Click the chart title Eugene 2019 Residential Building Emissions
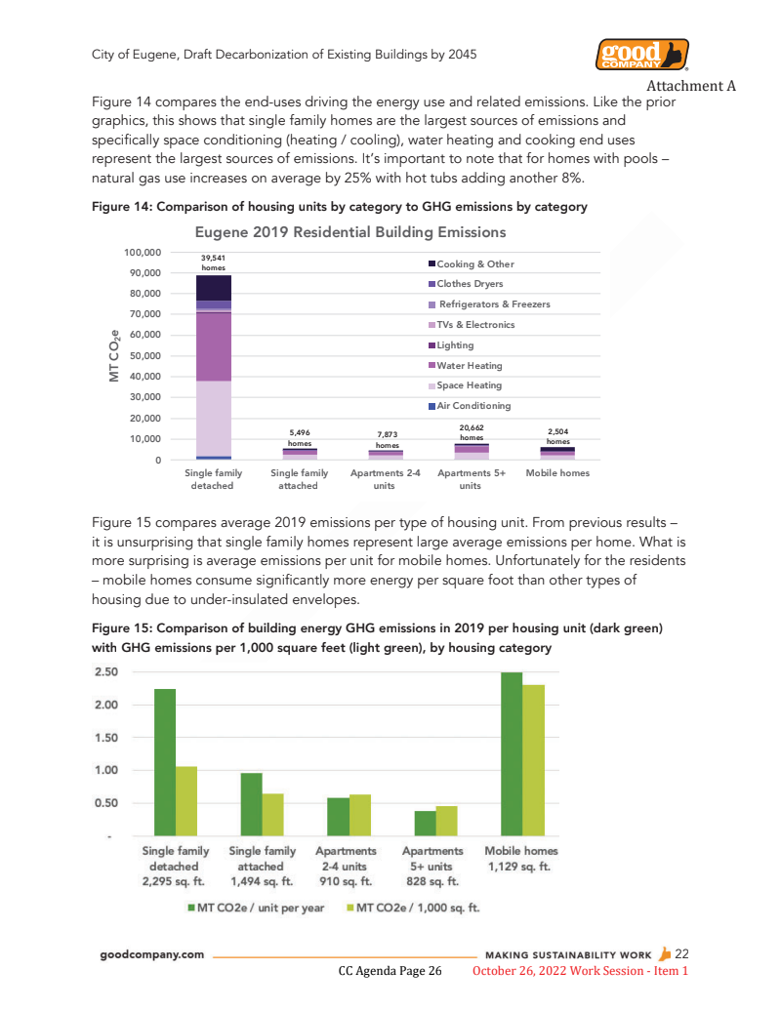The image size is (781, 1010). click(x=350, y=232)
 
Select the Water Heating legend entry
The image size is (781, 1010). click(x=469, y=366)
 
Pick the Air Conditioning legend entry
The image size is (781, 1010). click(x=473, y=406)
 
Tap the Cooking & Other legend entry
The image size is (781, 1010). click(x=474, y=264)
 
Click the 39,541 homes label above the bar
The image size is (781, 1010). click(x=213, y=263)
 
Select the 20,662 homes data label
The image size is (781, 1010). click(x=472, y=432)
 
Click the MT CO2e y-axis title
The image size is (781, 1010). click(x=113, y=355)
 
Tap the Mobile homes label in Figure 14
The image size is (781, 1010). click(x=557, y=473)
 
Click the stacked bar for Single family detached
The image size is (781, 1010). click(x=213, y=371)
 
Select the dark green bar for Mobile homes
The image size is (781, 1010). click(x=512, y=753)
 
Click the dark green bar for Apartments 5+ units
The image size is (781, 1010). click(x=425, y=824)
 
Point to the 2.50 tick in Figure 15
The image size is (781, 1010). click(x=106, y=672)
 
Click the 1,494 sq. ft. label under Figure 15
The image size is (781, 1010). click(x=262, y=880)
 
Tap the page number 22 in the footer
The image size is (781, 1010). click(x=681, y=953)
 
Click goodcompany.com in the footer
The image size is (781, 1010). click(x=153, y=954)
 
